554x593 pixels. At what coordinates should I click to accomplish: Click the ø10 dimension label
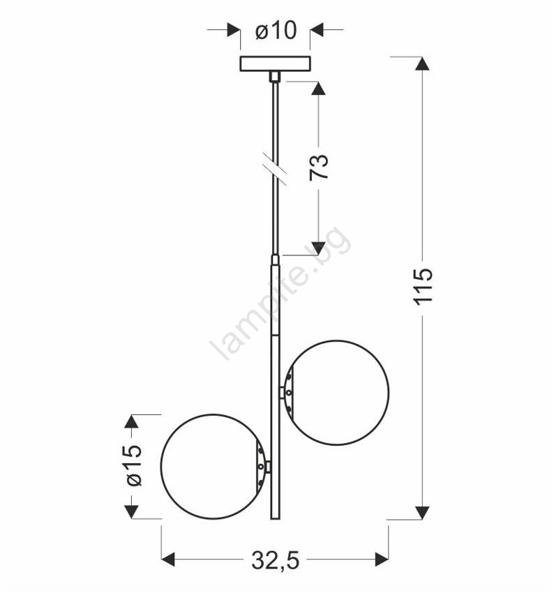[x=276, y=30]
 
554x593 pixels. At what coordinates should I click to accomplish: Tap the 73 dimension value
[x=319, y=167]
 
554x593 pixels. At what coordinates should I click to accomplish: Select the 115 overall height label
[x=422, y=286]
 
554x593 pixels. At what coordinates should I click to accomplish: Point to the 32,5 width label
[x=276, y=560]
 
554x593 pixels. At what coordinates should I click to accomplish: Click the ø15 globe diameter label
[x=134, y=465]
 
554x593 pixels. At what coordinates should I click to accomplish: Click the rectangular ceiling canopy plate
[x=276, y=63]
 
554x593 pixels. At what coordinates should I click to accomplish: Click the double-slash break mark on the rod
[x=274, y=169]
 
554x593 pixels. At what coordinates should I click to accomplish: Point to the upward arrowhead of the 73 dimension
[x=318, y=88]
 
